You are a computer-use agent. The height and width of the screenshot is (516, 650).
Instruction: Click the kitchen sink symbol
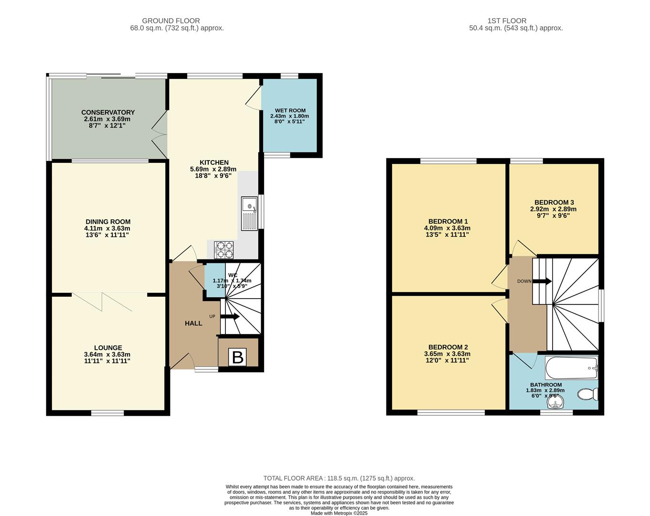pos(249,213)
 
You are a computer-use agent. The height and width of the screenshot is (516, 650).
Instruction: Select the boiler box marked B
pos(237,357)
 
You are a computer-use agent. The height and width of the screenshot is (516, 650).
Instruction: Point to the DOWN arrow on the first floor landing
pos(542,281)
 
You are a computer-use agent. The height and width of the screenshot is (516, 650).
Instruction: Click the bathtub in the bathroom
pos(571,368)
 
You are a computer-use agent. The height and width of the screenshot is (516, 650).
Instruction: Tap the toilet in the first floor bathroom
pos(588,394)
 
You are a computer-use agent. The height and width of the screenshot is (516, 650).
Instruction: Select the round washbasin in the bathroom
pos(555,404)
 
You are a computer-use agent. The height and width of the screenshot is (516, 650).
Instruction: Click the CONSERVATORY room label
pos(108,112)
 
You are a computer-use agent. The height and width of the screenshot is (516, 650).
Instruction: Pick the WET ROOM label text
pos(290,110)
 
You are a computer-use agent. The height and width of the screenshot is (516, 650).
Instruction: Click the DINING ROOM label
pos(108,222)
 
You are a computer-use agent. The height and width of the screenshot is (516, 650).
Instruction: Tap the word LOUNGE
pos(108,348)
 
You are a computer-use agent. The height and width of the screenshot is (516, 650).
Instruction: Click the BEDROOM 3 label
pos(554,202)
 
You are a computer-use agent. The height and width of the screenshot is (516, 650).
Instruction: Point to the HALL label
pos(193,323)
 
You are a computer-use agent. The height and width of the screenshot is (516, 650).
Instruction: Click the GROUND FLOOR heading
pos(170,21)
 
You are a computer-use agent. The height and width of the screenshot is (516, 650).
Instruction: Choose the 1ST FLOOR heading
pos(507,21)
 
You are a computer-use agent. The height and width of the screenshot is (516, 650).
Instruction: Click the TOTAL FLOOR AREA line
pos(339,478)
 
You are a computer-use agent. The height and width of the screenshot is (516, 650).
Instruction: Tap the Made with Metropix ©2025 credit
pos(339,513)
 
